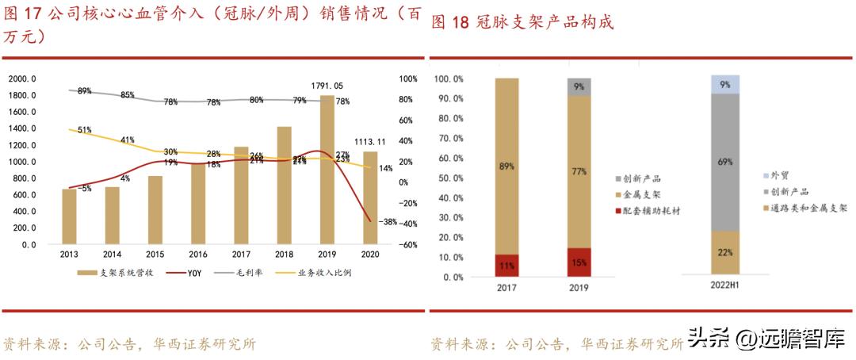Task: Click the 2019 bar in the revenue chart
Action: pos(327,170)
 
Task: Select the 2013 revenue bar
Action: pos(69,216)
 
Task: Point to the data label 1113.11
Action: pos(370,142)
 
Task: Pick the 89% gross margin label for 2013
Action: pos(85,91)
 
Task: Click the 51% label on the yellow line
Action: pos(85,130)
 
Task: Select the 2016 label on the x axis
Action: pos(197,255)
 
